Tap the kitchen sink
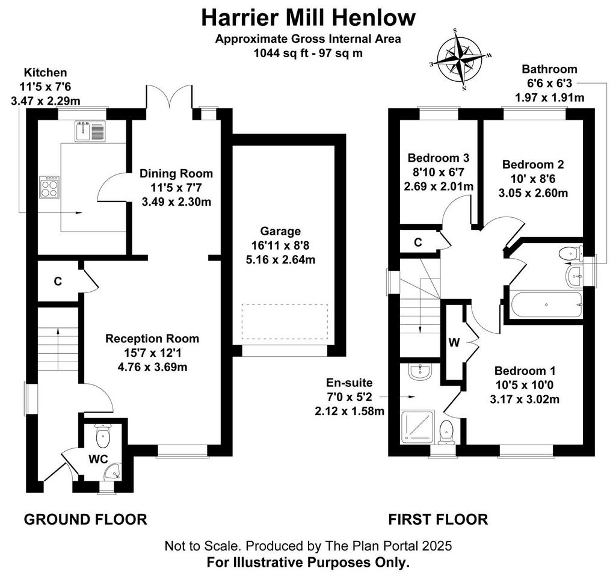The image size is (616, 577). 90,131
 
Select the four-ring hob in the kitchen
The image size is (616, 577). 50,187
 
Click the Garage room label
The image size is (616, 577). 280,231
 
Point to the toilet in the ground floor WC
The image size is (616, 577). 102,436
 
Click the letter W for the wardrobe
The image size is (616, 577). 454,343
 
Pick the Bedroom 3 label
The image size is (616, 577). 439,158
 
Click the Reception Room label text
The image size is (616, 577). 152,338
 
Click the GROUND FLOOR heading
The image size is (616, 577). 85,519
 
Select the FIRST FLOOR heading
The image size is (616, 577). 438,519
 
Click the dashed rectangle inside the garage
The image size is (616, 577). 285,321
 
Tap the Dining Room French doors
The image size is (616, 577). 169,97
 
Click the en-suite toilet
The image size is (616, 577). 446,432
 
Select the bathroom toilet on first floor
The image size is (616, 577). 571,253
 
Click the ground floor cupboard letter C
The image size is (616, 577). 58,281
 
